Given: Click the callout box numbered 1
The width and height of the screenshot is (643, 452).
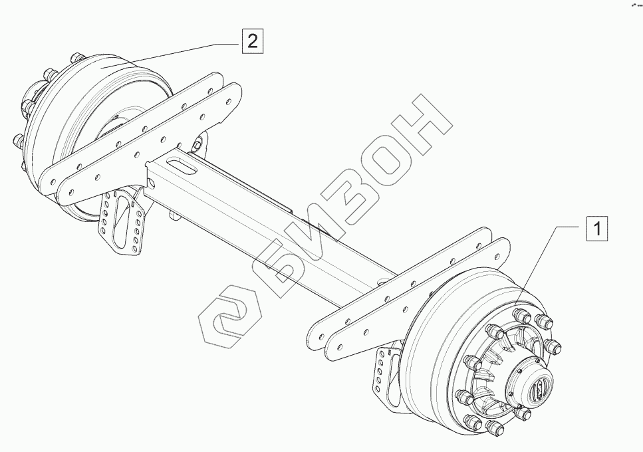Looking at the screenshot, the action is pyautogui.click(x=596, y=229).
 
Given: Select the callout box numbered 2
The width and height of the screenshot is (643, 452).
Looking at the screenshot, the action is pyautogui.click(x=251, y=41).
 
